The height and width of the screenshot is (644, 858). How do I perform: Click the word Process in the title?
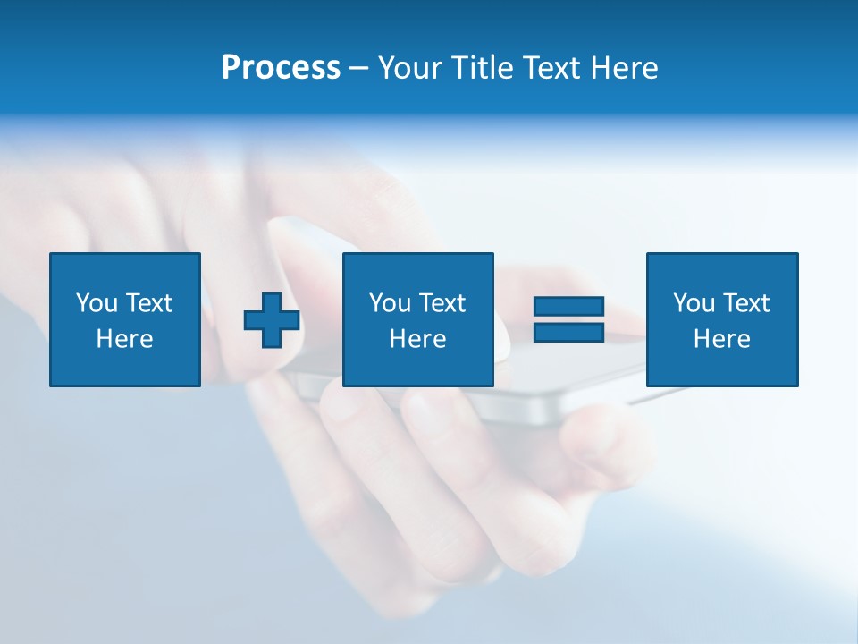click(281, 68)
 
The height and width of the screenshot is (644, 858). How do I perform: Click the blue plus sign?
click(272, 319)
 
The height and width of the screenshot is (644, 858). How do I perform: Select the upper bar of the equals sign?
click(568, 307)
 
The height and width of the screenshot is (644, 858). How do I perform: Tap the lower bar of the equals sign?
click(568, 332)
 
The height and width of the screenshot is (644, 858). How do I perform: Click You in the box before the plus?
click(97, 303)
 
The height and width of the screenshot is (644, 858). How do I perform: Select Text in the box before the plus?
click(147, 303)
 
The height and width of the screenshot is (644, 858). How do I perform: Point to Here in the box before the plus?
click(124, 339)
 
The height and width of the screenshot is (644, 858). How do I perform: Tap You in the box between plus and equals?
click(390, 303)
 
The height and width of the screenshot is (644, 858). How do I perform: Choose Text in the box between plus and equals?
click(441, 303)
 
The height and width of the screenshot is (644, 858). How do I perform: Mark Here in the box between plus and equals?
click(417, 339)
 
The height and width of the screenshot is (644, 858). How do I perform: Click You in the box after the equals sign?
click(694, 303)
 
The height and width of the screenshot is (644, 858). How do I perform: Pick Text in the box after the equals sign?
click(744, 303)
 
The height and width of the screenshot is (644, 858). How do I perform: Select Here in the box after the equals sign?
click(721, 339)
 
